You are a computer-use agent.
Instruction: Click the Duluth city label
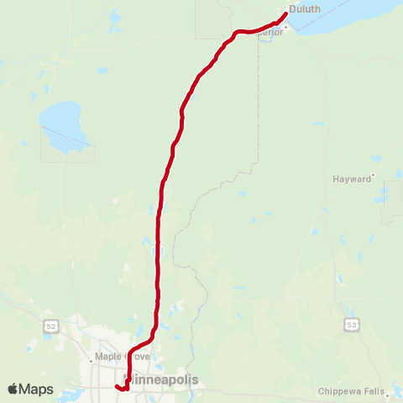[305, 10]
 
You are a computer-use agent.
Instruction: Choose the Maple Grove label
[123, 356]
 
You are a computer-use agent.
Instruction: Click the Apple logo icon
[13, 389]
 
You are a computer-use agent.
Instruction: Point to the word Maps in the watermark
[36, 389]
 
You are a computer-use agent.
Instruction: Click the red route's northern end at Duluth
[285, 13]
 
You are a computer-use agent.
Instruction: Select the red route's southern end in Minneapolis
[116, 386]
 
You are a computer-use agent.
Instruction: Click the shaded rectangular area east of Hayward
[391, 201]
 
